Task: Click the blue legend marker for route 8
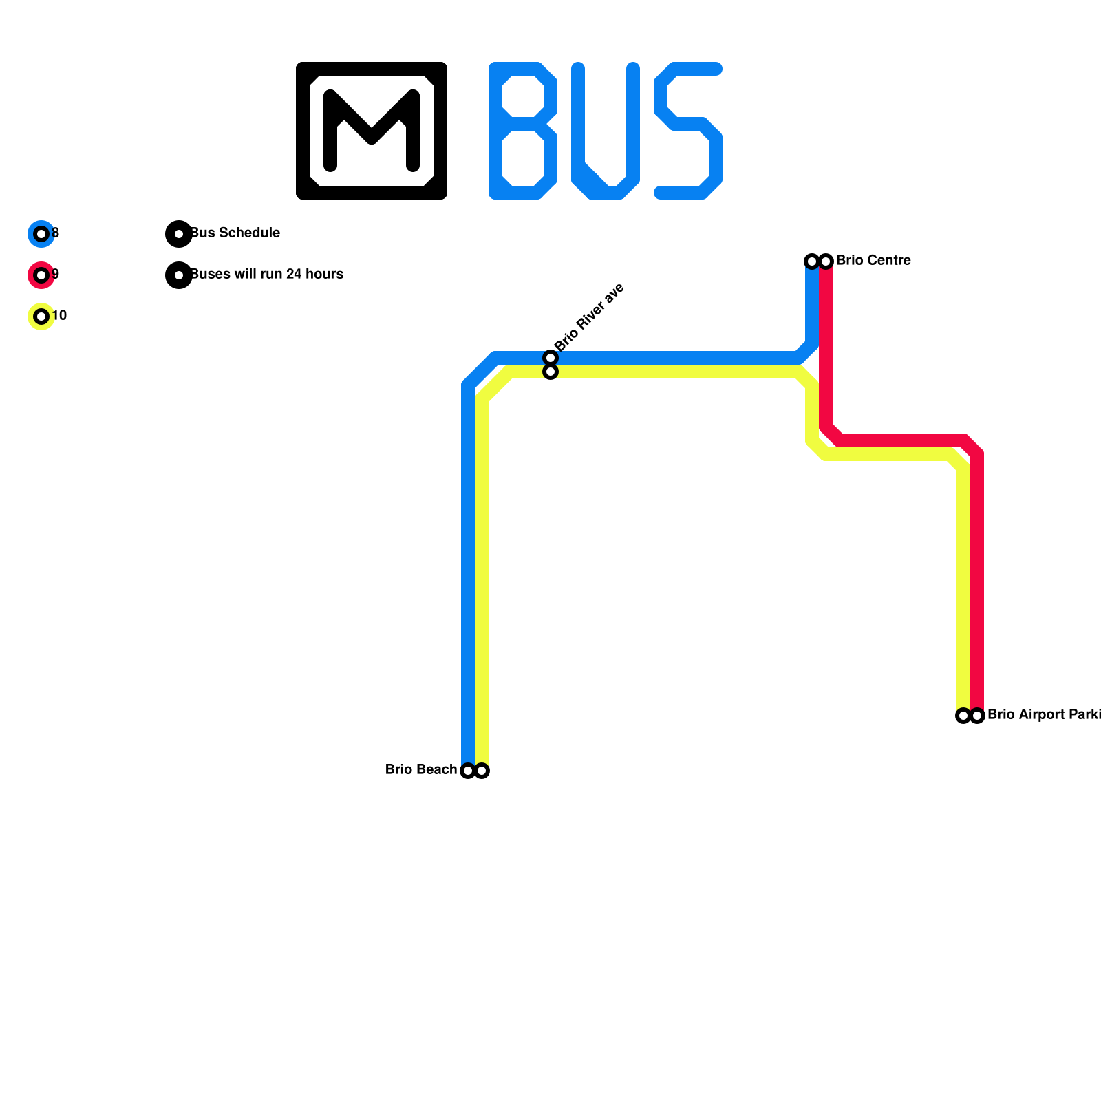(x=41, y=234)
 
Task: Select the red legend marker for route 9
(x=41, y=275)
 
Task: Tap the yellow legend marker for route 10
(x=41, y=317)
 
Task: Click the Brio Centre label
(x=873, y=261)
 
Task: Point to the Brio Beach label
(x=421, y=770)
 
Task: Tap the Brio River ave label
(x=589, y=317)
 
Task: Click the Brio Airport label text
(x=1043, y=715)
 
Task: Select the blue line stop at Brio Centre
(x=812, y=261)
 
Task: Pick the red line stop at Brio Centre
(x=826, y=261)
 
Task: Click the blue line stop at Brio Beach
(x=468, y=771)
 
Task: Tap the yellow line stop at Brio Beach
(x=482, y=771)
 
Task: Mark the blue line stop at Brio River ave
(x=550, y=358)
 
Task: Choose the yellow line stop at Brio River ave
(x=550, y=372)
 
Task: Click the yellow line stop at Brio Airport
(x=963, y=716)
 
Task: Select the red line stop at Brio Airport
(x=977, y=716)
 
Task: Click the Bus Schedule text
(x=235, y=233)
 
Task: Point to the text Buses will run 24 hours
(x=267, y=275)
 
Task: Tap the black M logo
(x=372, y=131)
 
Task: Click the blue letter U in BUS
(x=606, y=131)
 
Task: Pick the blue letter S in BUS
(x=688, y=131)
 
